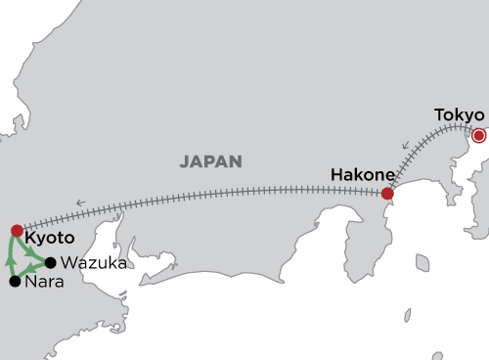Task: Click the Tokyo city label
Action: tap(459, 115)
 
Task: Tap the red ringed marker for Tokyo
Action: tap(478, 135)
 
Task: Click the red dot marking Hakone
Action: tap(387, 194)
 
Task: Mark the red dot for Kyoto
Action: tap(17, 231)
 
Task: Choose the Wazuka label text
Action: tap(91, 263)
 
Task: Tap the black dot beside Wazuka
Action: tap(50, 262)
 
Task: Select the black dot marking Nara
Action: tap(15, 282)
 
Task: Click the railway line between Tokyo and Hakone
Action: tap(431, 157)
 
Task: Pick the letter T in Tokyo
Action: tap(439, 115)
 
